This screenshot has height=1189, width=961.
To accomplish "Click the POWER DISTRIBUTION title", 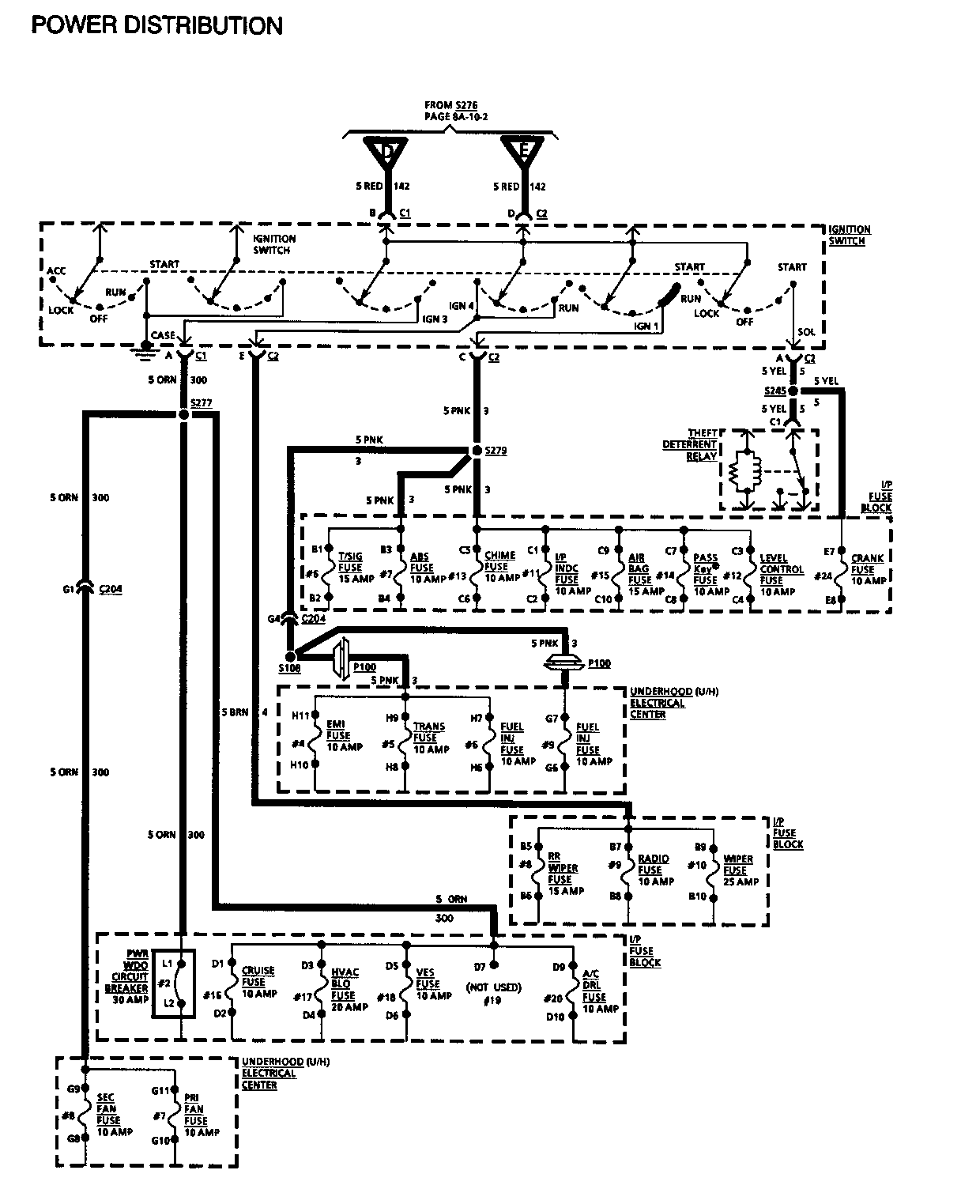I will pyautogui.click(x=156, y=25).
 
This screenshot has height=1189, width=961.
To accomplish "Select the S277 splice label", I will pyautogui.click(x=201, y=403).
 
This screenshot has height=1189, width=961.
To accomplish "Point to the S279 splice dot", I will pyautogui.click(x=476, y=451).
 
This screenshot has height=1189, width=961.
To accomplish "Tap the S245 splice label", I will pyautogui.click(x=775, y=391).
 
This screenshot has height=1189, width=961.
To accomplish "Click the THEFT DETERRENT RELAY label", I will pyautogui.click(x=690, y=444).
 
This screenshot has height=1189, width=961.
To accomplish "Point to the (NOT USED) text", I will pyautogui.click(x=493, y=987).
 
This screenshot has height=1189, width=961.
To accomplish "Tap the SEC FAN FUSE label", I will pyautogui.click(x=109, y=1115).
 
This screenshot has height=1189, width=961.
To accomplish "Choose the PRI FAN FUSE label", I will pyautogui.click(x=196, y=1115).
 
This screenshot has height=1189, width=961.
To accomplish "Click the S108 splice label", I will pyautogui.click(x=289, y=669).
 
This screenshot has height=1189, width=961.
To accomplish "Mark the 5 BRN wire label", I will pyautogui.click(x=236, y=712).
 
